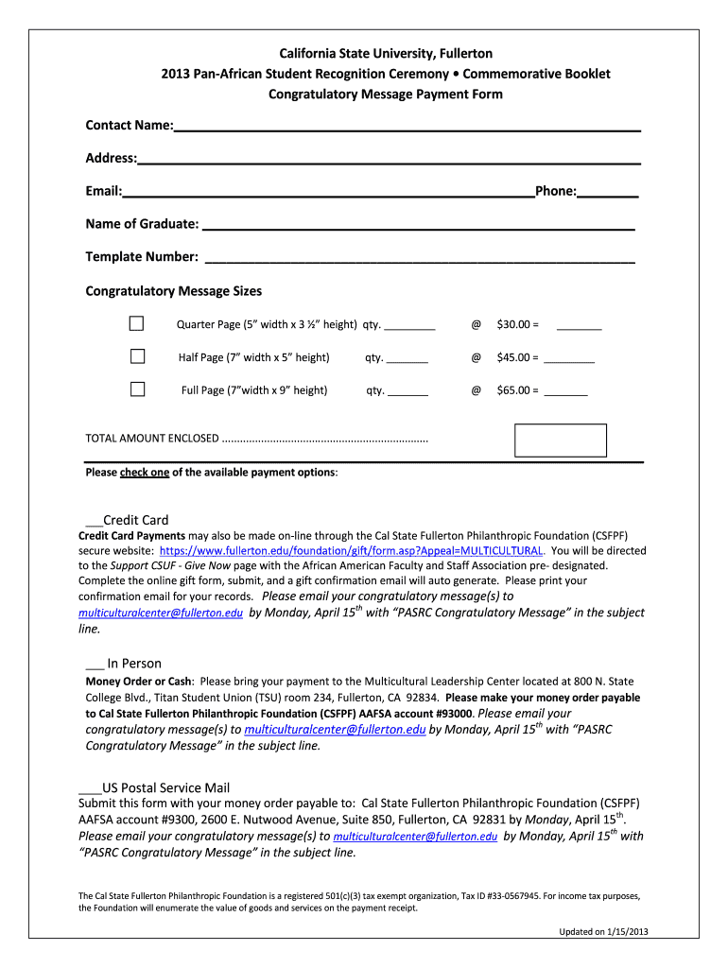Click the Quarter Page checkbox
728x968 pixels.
coord(137,324)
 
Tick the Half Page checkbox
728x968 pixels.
coord(137,356)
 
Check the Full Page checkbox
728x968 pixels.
coord(137,389)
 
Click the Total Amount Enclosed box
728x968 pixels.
coord(560,441)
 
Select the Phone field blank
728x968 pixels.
coord(607,192)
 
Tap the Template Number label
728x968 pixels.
coord(142,257)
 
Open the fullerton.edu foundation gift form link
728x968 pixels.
coord(351,550)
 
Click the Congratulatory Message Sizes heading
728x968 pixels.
coord(174,291)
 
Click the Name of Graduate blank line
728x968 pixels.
coord(418,224)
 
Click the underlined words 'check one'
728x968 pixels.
coord(145,473)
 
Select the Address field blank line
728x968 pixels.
coord(389,159)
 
